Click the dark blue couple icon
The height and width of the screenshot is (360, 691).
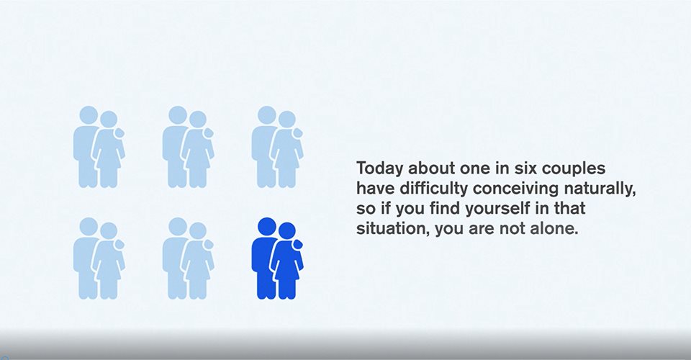[x=277, y=258]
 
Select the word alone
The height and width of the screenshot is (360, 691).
[x=557, y=229]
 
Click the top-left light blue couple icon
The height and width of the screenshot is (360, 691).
[x=99, y=147]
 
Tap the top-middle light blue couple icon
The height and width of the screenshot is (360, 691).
[x=188, y=147]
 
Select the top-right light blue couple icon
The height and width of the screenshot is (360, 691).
[x=277, y=147]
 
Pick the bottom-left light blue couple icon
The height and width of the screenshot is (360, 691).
[x=99, y=258]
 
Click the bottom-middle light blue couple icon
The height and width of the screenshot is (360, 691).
[x=188, y=258]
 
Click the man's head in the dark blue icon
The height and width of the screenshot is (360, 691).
[x=266, y=227]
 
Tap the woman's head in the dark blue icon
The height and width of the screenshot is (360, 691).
[x=287, y=231]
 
